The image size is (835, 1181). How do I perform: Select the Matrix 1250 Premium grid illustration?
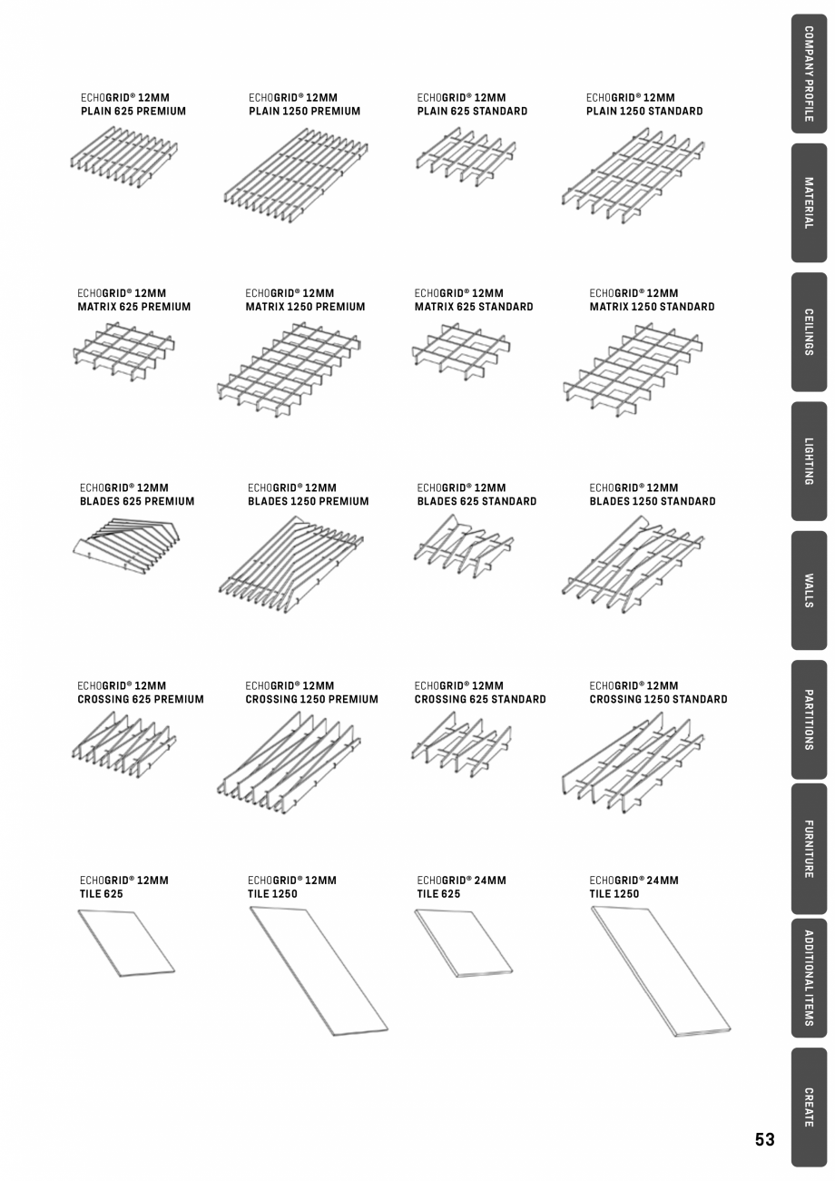pos(289,368)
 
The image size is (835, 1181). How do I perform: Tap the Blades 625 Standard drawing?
pos(463,546)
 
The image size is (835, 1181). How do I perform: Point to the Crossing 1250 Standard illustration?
pos(633,761)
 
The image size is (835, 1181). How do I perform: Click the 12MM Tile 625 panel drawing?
pos(125,943)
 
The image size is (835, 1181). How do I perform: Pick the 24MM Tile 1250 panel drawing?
pos(661,970)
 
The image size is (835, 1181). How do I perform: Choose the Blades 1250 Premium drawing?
pos(290,564)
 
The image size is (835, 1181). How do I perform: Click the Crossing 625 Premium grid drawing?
pos(123,744)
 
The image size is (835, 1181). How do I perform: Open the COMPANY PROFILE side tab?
pos(809,74)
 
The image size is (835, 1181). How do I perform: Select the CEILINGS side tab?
pos(809,332)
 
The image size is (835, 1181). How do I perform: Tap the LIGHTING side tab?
pos(809,461)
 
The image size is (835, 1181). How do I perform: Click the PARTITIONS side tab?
pos(809,719)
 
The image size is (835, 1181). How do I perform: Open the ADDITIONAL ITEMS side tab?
pos(809,978)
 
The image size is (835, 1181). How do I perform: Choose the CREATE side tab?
pos(809,1107)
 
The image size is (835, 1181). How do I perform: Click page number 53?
pos(764,1140)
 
